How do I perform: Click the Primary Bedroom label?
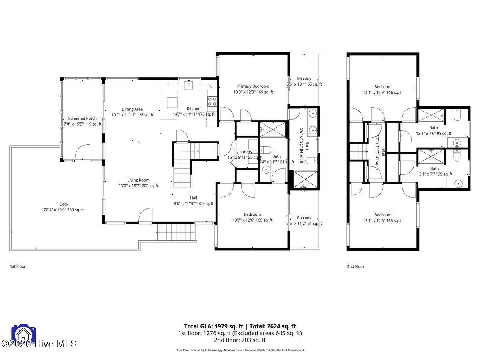(253, 86)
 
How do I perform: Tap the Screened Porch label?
(82, 118)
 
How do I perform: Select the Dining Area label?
(132, 109)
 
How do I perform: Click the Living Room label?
(138, 180)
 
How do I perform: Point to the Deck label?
(64, 204)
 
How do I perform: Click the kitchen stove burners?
(212, 102)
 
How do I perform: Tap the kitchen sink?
(188, 85)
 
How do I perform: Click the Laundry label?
(244, 152)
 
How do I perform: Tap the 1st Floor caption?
(18, 266)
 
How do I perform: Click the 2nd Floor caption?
(355, 266)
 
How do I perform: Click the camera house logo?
(24, 334)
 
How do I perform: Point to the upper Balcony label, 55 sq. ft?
(304, 79)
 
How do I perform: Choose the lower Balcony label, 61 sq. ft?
(304, 218)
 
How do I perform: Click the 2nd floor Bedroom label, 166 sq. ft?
(383, 87)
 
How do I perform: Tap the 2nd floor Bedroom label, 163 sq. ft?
(383, 215)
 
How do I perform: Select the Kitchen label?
(194, 108)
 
